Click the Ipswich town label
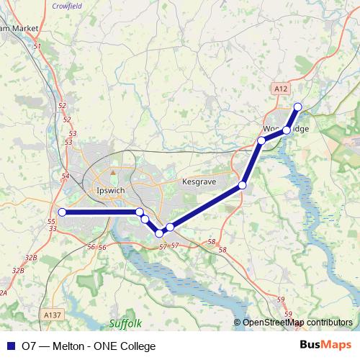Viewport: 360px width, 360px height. pyautogui.click(x=110, y=190)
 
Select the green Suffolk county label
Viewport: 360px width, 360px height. pyautogui.click(x=126, y=323)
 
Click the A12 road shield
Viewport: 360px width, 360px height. pyautogui.click(x=282, y=88)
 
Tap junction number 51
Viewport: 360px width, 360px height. pyautogui.click(x=37, y=46)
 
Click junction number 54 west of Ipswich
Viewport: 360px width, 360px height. pyautogui.click(x=66, y=176)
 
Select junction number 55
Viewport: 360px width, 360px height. pyautogui.click(x=51, y=221)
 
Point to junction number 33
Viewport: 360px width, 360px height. pyautogui.click(x=53, y=228)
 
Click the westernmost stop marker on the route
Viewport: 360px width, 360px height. pyautogui.click(x=63, y=212)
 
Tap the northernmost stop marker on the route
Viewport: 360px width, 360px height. pyautogui.click(x=297, y=108)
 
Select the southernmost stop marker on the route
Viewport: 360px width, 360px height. pyautogui.click(x=159, y=233)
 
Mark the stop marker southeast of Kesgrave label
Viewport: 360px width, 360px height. pyautogui.click(x=242, y=186)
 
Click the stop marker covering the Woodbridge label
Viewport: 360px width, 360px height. pyautogui.click(x=286, y=130)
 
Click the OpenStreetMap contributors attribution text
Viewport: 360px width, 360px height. pyautogui.click(x=297, y=323)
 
